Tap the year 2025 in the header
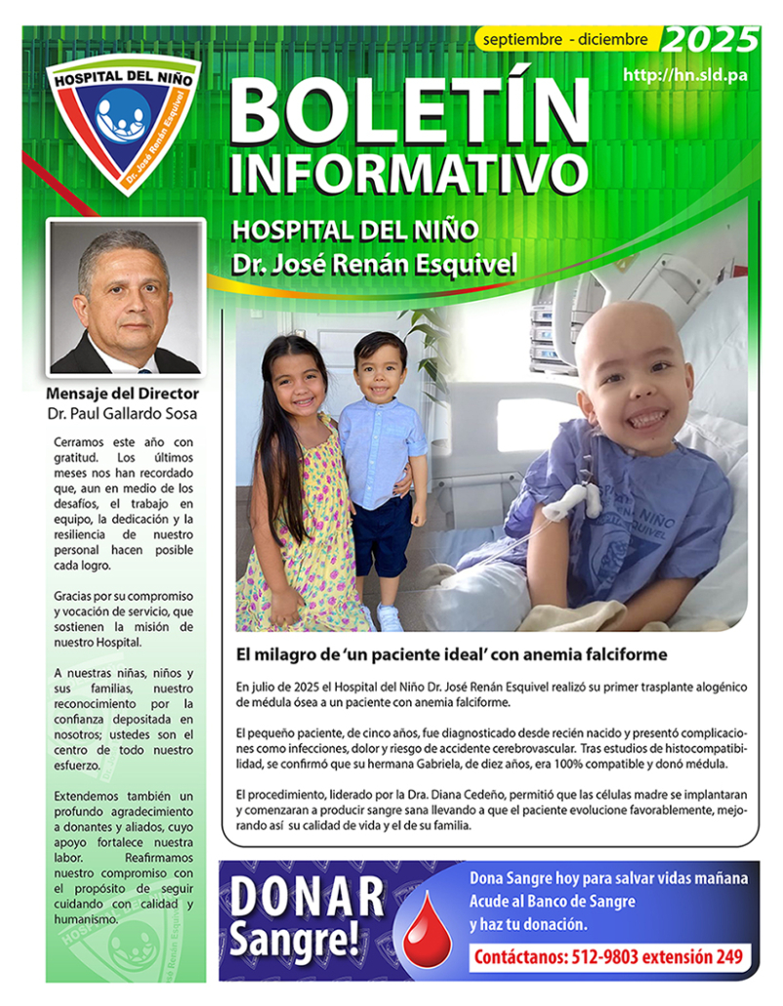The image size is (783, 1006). [x=710, y=40]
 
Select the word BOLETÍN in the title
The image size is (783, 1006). [x=410, y=110]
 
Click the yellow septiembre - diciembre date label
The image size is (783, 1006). [x=564, y=40]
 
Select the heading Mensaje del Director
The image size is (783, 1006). [x=123, y=394]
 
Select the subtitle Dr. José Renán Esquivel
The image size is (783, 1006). [x=374, y=264]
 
